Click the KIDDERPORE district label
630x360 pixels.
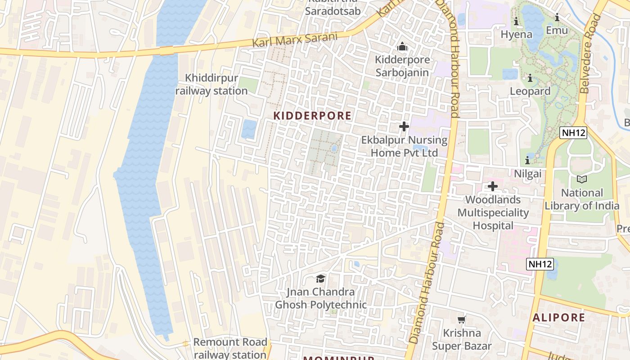pos(312,116)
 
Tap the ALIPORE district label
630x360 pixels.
pos(559,317)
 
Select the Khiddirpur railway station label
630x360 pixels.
pos(211,85)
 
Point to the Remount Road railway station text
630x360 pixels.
pos(230,348)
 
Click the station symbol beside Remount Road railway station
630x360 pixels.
pos(186,344)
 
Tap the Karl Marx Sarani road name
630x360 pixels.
pos(294,40)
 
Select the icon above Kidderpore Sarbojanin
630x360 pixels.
pos(402,46)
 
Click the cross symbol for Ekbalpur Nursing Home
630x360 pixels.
pos(404,126)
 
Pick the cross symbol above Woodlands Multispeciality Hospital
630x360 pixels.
pos(493,186)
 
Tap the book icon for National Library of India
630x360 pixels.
pos(582,179)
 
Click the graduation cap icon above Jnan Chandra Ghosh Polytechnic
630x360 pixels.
pos(320,279)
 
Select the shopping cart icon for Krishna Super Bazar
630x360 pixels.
pos(461,319)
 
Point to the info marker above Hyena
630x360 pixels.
pos(516,21)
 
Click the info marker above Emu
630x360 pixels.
pos(557,18)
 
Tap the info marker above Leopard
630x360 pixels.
pos(530,78)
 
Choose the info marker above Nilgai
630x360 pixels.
pos(527,160)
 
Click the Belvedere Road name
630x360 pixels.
pos(590,54)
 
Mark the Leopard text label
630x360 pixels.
pos(530,91)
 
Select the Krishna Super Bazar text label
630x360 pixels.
pos(462,339)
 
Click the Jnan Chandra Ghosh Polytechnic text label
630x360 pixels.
pos(320,298)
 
